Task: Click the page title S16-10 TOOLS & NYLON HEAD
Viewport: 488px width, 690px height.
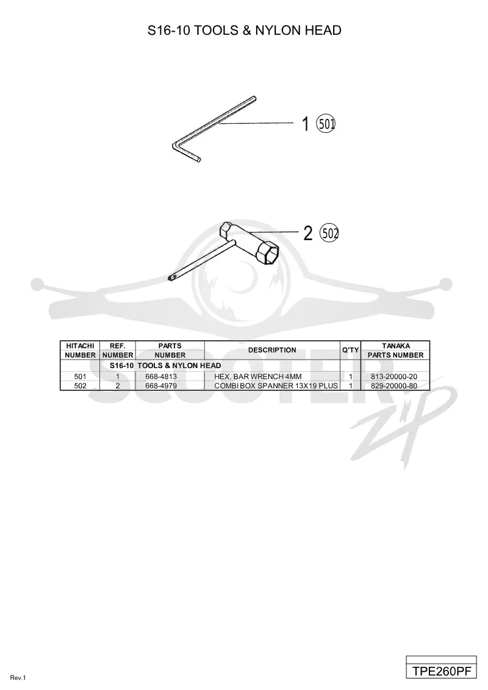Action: tap(245, 30)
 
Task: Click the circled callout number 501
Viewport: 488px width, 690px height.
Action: tap(326, 124)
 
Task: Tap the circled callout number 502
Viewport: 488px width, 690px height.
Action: tap(329, 233)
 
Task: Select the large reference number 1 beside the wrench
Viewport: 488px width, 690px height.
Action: tap(305, 124)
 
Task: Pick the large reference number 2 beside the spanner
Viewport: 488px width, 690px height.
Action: tap(308, 233)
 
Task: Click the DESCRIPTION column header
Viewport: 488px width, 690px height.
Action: tap(272, 350)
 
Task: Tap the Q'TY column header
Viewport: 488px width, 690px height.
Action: tap(351, 350)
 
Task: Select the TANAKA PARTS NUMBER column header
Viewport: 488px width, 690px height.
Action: tap(395, 350)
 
